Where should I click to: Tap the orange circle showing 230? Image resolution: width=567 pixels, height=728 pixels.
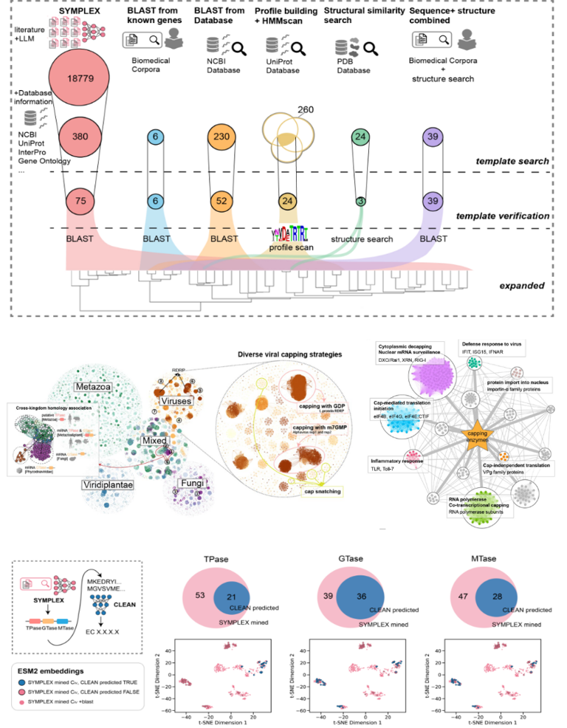tap(219, 137)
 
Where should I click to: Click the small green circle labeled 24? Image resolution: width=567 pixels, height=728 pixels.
tap(361, 137)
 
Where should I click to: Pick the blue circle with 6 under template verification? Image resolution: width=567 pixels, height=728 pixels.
tap(154, 201)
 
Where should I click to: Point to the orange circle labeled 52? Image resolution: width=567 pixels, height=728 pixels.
tap(219, 201)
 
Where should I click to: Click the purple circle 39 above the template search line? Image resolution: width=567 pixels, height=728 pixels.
tap(435, 137)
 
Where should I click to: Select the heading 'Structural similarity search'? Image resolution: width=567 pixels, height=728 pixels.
tap(364, 16)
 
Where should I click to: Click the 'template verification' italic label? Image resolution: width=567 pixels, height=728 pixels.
tap(502, 216)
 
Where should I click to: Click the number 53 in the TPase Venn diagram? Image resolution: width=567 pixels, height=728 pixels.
tap(199, 595)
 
